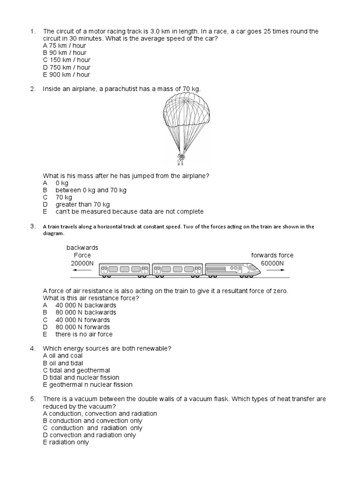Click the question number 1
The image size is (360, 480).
[32, 31]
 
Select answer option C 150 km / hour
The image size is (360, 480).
[67, 60]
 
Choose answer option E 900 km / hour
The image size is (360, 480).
[67, 75]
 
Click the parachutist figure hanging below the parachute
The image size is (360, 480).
[180, 159]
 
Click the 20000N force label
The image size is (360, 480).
[82, 263]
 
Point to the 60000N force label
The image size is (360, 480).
[272, 263]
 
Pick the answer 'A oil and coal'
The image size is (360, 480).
[62, 356]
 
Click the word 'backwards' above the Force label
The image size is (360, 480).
[82, 247]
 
